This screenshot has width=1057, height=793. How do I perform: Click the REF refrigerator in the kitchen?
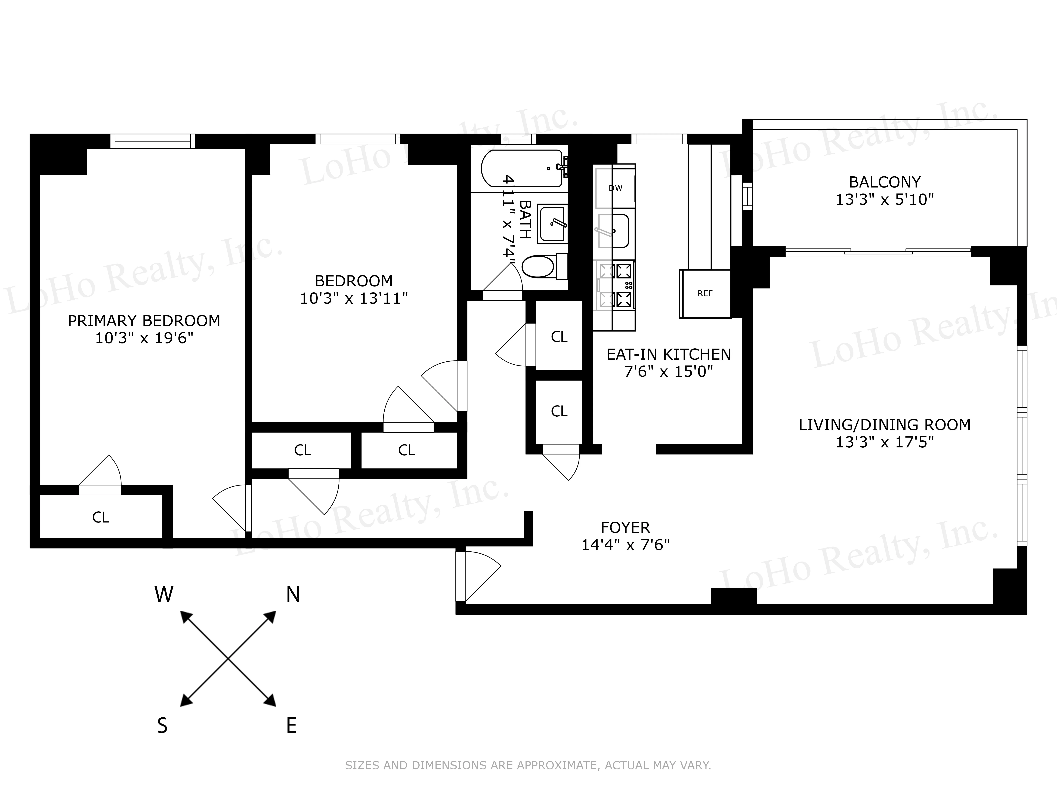click(705, 293)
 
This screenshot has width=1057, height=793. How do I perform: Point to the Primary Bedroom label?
click(144, 321)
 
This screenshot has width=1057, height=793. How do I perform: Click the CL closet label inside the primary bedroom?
click(100, 517)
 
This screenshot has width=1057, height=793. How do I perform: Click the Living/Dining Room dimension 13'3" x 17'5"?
click(885, 442)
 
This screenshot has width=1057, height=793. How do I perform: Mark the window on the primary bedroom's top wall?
click(153, 141)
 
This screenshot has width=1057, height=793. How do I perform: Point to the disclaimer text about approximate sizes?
click(528, 765)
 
